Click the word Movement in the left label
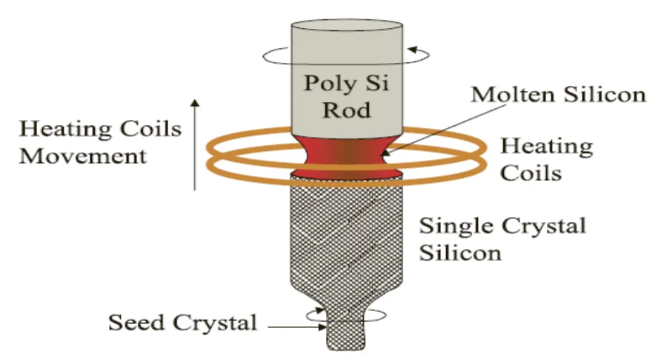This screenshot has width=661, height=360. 82,156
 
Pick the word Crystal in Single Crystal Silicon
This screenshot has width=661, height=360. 543,225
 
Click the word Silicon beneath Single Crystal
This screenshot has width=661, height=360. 460,252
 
